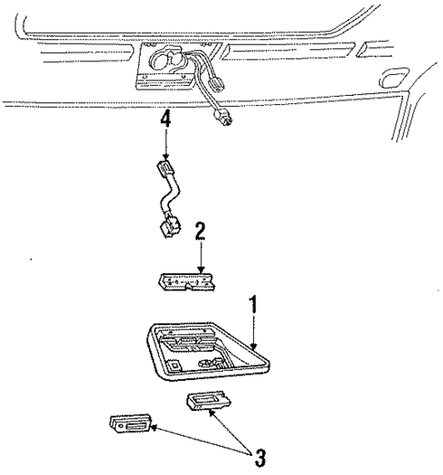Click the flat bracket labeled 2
coord(186,282)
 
